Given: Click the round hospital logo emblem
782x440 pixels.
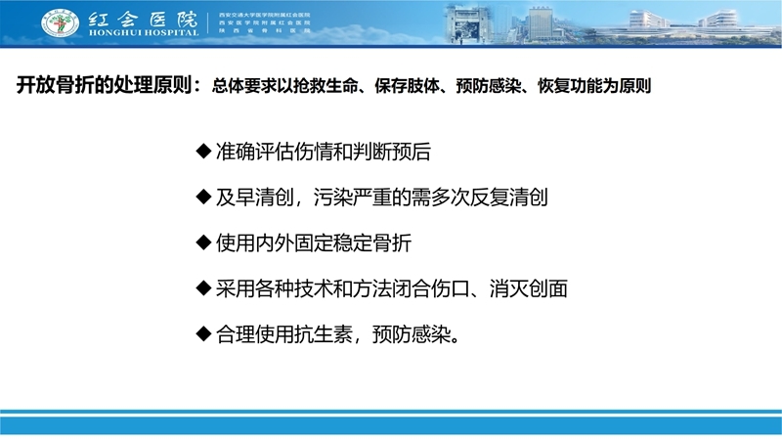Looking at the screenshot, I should [59, 22].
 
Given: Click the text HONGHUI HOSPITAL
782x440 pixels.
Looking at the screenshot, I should [141, 32].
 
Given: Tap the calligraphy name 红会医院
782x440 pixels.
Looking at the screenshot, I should [141, 16].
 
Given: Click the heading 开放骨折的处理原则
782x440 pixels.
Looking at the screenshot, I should [107, 85].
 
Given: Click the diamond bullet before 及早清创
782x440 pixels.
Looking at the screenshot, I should [203, 197].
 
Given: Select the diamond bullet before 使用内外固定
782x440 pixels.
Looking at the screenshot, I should [203, 242].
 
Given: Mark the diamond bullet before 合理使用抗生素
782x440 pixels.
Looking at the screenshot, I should [203, 333].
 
